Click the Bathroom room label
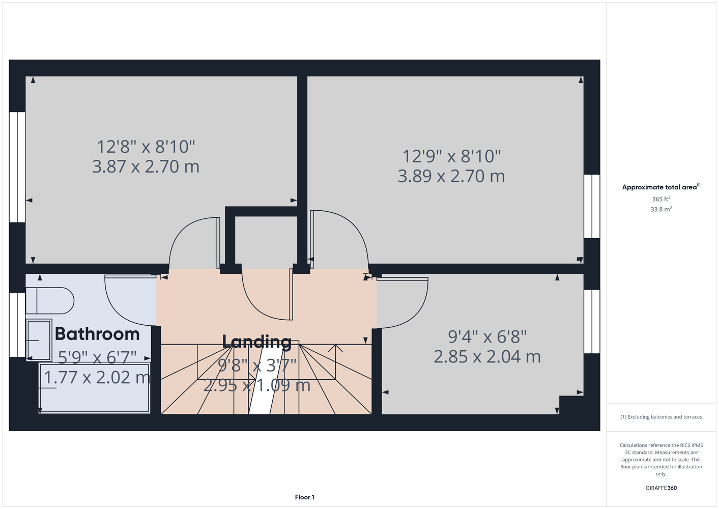click(x=97, y=334)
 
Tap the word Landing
click(x=257, y=342)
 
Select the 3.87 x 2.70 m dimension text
click(x=146, y=166)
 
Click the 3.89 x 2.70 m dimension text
click(x=451, y=176)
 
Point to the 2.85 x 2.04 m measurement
click(x=487, y=357)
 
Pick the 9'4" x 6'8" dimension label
click(x=487, y=337)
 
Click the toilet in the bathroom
click(x=50, y=301)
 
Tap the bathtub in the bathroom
click(x=94, y=388)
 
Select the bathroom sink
click(x=39, y=340)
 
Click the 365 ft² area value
click(x=661, y=199)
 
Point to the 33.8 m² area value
click(x=661, y=209)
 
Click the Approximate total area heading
click(x=661, y=187)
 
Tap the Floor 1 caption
click(x=305, y=497)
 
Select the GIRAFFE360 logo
click(x=661, y=488)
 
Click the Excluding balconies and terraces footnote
click(x=661, y=417)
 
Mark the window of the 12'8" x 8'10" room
click(x=17, y=167)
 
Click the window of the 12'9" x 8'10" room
click(x=592, y=206)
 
